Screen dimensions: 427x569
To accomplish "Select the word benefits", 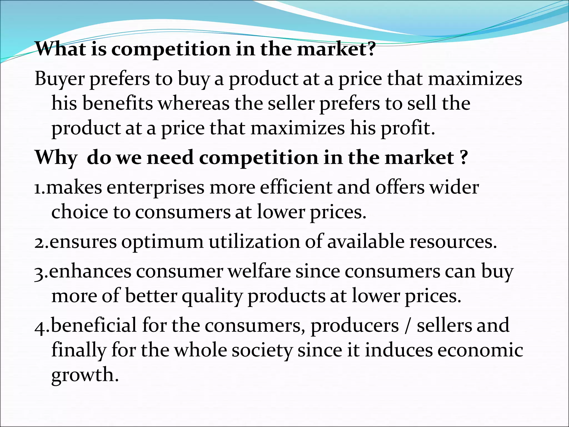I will coord(118,103).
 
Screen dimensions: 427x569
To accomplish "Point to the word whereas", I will coord(194,103).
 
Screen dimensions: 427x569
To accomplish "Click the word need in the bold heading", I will coord(170,158).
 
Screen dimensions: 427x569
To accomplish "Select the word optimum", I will coord(162,242).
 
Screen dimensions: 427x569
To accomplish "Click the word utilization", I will coord(254,241).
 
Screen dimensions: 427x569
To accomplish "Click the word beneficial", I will coord(94,325).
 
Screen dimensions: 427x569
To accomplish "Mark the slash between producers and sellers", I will coord(408,326).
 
